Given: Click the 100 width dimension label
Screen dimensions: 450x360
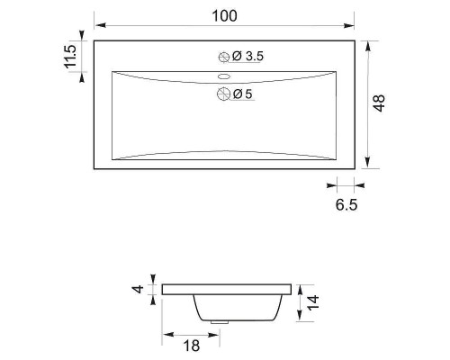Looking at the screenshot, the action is click(224, 16).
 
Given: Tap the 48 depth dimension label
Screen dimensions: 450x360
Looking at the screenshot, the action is click(379, 103).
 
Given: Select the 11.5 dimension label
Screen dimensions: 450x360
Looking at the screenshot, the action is click(71, 57).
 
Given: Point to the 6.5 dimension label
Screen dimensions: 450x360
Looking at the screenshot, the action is click(346, 205).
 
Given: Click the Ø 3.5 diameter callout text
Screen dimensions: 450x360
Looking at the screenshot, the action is click(247, 56).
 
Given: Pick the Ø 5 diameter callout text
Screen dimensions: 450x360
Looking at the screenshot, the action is click(243, 94).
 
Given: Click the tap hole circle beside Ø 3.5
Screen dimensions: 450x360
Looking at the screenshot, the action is click(224, 57).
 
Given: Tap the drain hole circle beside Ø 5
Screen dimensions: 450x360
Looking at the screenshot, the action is click(223, 94).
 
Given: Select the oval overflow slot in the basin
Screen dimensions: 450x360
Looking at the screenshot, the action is click(224, 76).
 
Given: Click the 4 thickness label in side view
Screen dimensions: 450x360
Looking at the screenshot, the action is click(138, 290).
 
